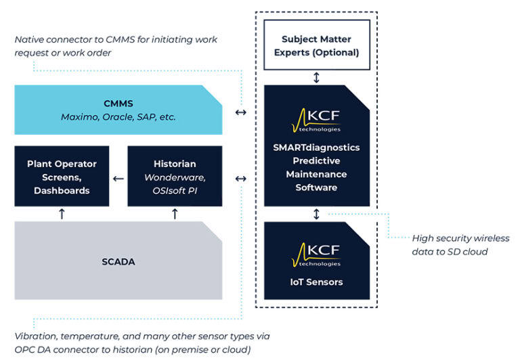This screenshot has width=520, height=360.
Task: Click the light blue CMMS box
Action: pyautogui.click(x=118, y=110)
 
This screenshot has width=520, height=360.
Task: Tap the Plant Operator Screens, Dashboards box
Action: pyautogui.click(x=62, y=177)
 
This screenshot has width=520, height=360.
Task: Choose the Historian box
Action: pyautogui.click(x=175, y=177)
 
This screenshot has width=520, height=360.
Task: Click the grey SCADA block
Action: pyautogui.click(x=118, y=261)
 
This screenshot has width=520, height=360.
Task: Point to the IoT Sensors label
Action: pyautogui.click(x=316, y=282)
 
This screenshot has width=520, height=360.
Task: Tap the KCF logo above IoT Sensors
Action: pyautogui.click(x=316, y=254)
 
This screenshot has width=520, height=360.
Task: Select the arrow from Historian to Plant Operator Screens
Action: pyautogui.click(x=118, y=179)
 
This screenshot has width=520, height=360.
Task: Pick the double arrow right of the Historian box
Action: pyautogui.click(x=240, y=179)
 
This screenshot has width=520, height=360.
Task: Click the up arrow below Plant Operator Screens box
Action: pyautogui.click(x=62, y=214)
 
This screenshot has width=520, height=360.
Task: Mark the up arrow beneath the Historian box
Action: pyautogui.click(x=175, y=214)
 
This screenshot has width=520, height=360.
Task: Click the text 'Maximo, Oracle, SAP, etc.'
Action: pyautogui.click(x=118, y=117)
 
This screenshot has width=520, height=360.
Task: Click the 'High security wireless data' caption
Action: pyautogui.click(x=460, y=244)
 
